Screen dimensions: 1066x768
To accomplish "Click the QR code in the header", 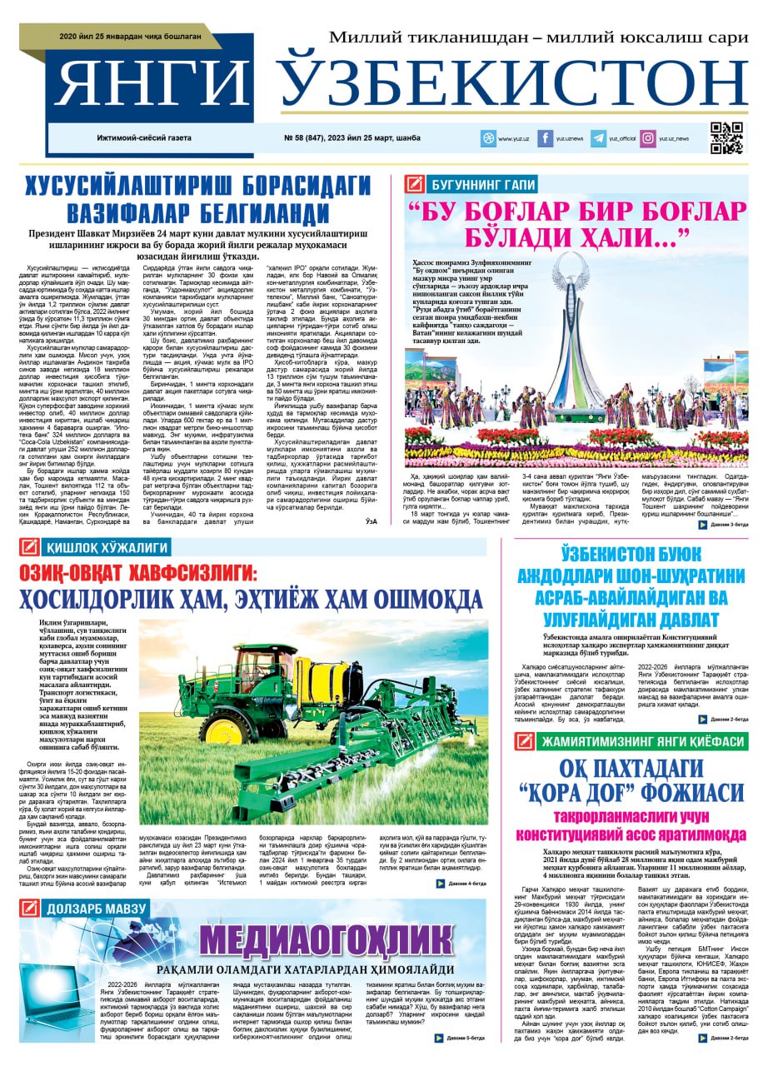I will (726, 138).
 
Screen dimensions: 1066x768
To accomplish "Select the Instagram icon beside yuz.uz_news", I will (647, 139).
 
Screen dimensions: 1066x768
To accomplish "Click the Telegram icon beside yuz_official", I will (598, 139).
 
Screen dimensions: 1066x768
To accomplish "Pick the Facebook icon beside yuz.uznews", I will (546, 139).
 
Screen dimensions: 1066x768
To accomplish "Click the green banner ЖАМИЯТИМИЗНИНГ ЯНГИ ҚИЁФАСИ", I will (640, 741).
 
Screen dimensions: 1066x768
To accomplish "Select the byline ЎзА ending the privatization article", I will (372, 521).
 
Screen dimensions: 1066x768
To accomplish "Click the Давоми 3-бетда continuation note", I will (717, 525).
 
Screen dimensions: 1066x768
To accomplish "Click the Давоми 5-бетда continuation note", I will (461, 1039).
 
